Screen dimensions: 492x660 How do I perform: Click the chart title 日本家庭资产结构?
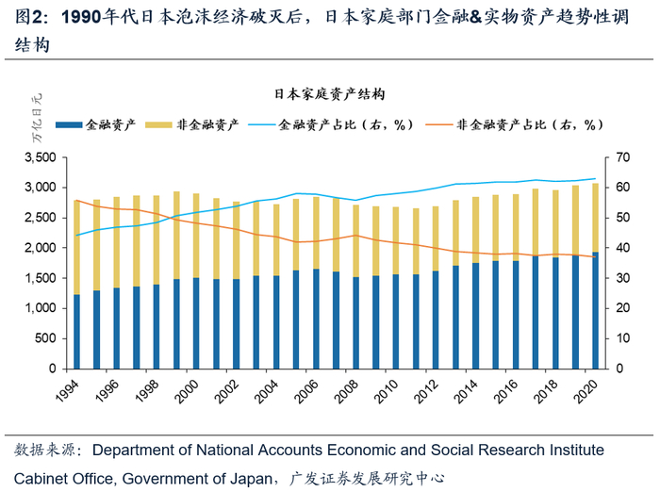click(x=329, y=94)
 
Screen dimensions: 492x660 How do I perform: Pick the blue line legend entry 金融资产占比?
click(x=332, y=123)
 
